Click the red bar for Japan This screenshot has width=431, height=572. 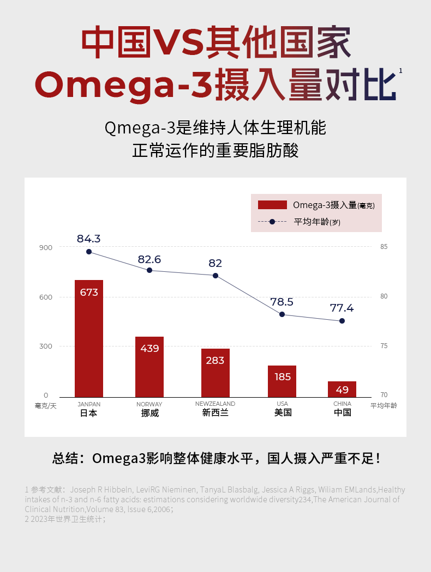pyautogui.click(x=89, y=338)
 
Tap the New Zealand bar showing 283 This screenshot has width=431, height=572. pyautogui.click(x=215, y=373)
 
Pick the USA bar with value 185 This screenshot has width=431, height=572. pyautogui.click(x=282, y=381)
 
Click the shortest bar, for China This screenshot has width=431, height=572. pyautogui.click(x=342, y=389)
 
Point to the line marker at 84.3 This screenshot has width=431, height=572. pyautogui.click(x=89, y=252)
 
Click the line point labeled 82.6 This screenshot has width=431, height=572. pyautogui.click(x=149, y=270)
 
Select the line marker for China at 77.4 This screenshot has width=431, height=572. pyautogui.click(x=342, y=321)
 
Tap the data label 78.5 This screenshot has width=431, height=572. pyautogui.click(x=282, y=302)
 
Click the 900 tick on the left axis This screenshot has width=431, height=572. pyautogui.click(x=46, y=247)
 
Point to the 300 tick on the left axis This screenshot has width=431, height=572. pyautogui.click(x=46, y=346)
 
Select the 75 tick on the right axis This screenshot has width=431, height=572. pyautogui.click(x=384, y=346)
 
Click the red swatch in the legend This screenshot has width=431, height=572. pyautogui.click(x=272, y=205)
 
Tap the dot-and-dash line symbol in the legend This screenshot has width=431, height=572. pyautogui.click(x=272, y=222)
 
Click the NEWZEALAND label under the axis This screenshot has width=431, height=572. pyautogui.click(x=215, y=404)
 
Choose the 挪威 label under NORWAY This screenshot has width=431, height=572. pyautogui.click(x=149, y=413)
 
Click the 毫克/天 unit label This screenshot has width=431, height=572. pyautogui.click(x=45, y=406)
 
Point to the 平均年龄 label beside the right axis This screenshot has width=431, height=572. pyautogui.click(x=384, y=406)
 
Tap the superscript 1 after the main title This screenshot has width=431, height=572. pyautogui.click(x=401, y=71)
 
